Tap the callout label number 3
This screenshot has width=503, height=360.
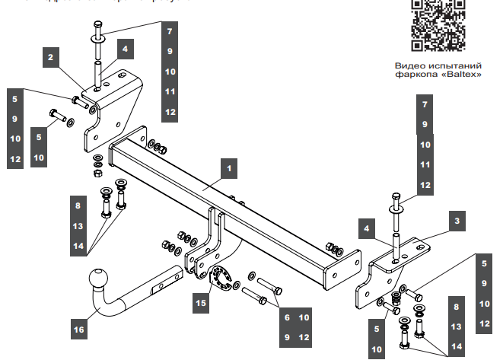(457, 221)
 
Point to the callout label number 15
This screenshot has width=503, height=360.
(200, 303)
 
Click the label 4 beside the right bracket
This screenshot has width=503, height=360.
(367, 228)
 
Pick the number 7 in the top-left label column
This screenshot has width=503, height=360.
(170, 32)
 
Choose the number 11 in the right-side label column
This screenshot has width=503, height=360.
(425, 164)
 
